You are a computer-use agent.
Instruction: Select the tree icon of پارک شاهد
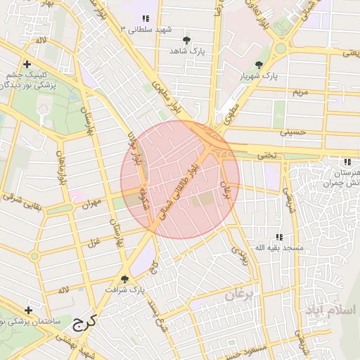pyautogui.click(x=186, y=40)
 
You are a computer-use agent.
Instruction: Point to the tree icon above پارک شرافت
pyautogui.click(x=125, y=278)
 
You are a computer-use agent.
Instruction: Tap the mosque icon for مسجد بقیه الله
pyautogui.click(x=279, y=238)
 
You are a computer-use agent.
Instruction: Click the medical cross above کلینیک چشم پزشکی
pyautogui.click(x=26, y=64)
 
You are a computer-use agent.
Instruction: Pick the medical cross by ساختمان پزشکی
pyautogui.click(x=28, y=310)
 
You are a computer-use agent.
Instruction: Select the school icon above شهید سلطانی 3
pyautogui.click(x=146, y=19)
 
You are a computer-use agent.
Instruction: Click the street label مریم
pyautogui.click(x=300, y=92)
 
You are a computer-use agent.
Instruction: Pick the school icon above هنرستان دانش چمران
pyautogui.click(x=347, y=162)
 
